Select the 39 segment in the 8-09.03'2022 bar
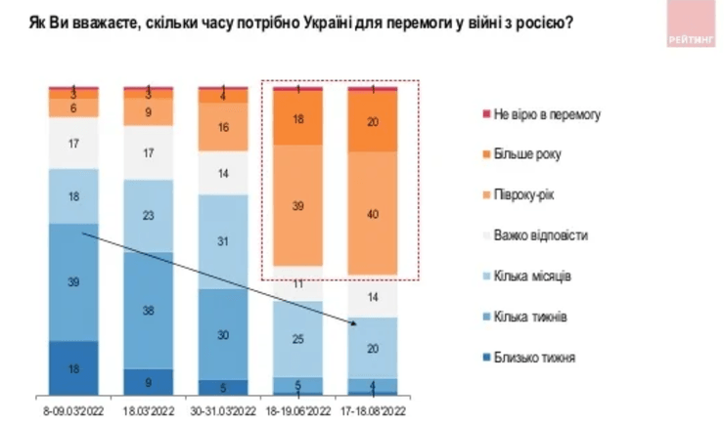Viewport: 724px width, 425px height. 74,282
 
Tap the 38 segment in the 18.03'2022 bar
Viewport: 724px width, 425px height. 149,311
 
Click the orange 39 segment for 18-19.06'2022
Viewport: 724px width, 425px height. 298,204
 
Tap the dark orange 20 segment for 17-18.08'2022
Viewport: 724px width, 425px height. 373,121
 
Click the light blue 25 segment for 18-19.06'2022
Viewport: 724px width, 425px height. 298,338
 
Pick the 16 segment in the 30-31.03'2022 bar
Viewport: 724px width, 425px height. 223,127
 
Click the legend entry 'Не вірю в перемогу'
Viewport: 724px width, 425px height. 543,114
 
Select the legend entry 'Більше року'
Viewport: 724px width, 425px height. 528,154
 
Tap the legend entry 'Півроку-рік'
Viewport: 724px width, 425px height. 528,194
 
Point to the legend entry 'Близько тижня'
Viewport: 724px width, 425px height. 534,357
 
